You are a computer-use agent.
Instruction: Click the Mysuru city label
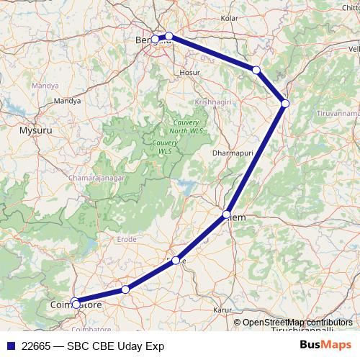click(35, 132)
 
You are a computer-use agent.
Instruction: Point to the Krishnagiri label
click(213, 102)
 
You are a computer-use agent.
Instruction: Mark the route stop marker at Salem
click(227, 215)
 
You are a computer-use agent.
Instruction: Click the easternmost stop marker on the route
click(285, 104)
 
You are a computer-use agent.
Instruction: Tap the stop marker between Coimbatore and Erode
click(125, 289)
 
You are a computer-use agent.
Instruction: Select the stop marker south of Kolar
click(256, 70)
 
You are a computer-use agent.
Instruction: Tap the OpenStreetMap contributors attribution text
click(297, 323)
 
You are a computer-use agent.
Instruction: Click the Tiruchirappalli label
click(302, 330)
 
